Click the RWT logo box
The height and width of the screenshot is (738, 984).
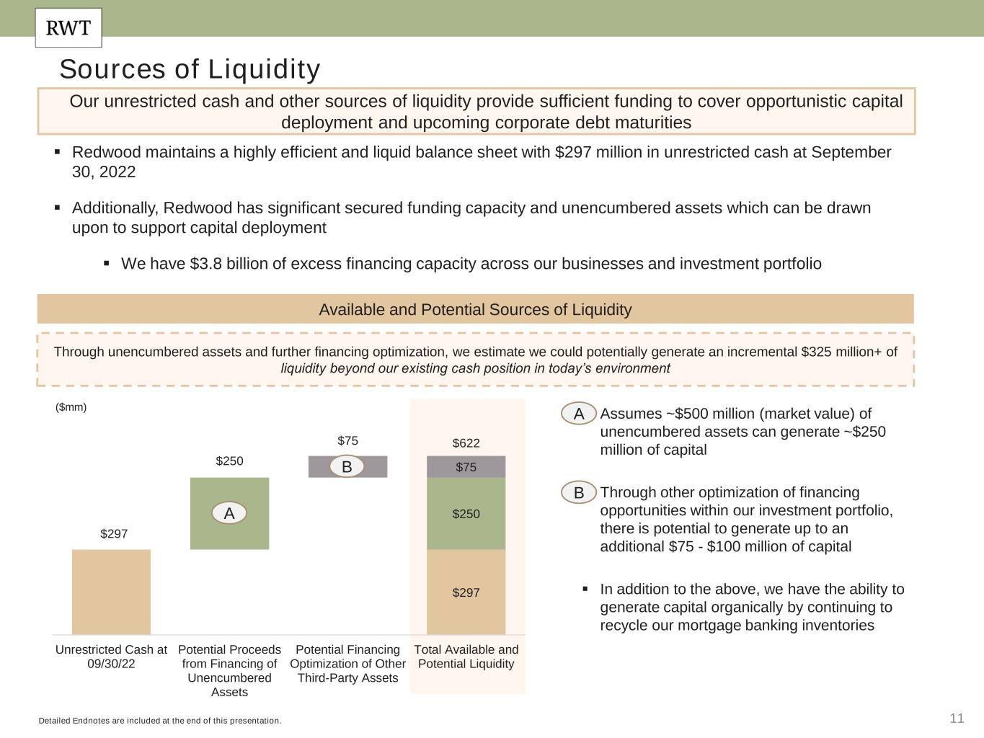click(x=68, y=28)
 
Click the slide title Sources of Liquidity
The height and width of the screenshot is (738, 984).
click(x=190, y=69)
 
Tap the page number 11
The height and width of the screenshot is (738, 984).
click(x=957, y=718)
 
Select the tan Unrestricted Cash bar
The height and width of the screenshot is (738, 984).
click(x=111, y=592)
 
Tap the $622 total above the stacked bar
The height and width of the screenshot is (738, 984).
click(x=466, y=443)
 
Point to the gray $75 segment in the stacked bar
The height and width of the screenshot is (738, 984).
click(x=466, y=467)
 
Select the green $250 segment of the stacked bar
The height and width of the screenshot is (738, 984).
click(x=466, y=514)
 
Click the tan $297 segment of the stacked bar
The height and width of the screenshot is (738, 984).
click(x=466, y=592)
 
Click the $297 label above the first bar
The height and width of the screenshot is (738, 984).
click(x=114, y=534)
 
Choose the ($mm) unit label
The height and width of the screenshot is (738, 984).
click(x=71, y=407)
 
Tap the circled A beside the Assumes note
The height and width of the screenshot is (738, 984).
click(x=579, y=414)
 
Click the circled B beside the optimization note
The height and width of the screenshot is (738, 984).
click(x=579, y=493)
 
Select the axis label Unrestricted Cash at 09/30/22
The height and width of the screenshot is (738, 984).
click(x=111, y=657)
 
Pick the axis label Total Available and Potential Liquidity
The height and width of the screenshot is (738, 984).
click(x=466, y=657)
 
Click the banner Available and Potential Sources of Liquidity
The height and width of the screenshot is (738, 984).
click(x=475, y=310)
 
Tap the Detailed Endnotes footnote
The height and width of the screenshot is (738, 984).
click(x=160, y=721)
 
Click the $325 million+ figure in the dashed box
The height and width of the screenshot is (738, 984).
click(x=848, y=352)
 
